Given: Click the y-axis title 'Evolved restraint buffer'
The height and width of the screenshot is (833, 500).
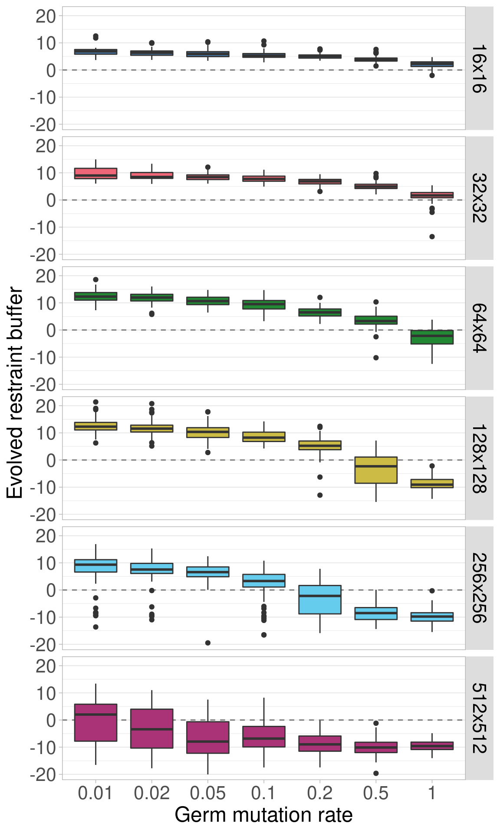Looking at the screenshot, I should point(15,393).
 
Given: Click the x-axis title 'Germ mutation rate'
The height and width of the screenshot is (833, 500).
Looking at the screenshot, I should point(263,815).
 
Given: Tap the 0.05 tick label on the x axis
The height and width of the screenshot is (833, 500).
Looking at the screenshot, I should point(207,793).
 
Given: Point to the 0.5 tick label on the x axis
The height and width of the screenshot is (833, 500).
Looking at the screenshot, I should point(376,793).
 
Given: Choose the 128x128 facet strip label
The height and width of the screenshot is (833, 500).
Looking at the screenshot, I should point(479,459).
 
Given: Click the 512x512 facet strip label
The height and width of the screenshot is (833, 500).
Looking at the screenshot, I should point(479,718).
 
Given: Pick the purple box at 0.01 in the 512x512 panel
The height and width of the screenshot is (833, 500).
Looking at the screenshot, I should point(95,722).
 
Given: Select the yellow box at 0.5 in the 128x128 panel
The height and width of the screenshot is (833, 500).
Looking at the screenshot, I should point(376,470).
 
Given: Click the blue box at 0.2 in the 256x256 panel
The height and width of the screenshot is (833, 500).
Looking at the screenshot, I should point(320,600).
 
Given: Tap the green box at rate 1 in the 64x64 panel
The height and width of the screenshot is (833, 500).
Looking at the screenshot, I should point(432,337).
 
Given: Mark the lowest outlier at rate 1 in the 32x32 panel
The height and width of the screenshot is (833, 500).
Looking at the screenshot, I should point(432,236).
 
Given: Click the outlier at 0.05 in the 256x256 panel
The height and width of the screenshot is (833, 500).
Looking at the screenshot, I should point(208,643).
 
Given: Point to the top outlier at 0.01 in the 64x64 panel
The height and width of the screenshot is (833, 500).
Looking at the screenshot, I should point(95,279).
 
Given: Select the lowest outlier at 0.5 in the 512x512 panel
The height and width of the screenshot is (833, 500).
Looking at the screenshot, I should point(376,773).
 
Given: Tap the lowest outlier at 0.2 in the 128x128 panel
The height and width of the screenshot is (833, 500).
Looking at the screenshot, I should point(320,495).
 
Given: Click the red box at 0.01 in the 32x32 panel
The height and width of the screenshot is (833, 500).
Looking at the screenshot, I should point(95,174).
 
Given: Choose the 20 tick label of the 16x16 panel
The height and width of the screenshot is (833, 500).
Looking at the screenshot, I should point(45,16).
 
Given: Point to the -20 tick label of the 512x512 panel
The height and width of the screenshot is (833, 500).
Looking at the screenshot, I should point(43,774).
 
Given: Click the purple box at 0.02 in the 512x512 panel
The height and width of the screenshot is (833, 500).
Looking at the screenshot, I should point(151,728).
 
